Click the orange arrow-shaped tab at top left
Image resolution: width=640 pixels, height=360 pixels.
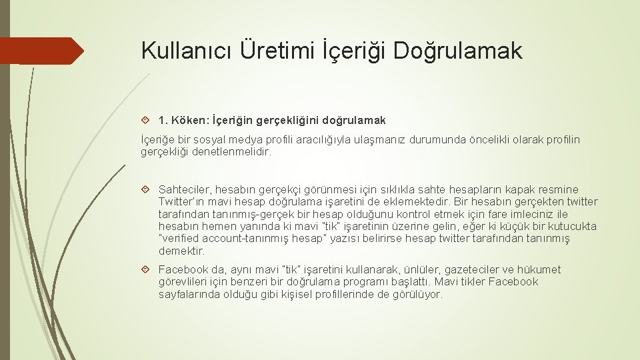[40, 51]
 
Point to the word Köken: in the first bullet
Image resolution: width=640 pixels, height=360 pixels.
[190, 121]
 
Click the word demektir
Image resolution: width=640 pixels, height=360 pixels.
[181, 251]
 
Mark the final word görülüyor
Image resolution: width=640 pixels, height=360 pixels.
[417, 293]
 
